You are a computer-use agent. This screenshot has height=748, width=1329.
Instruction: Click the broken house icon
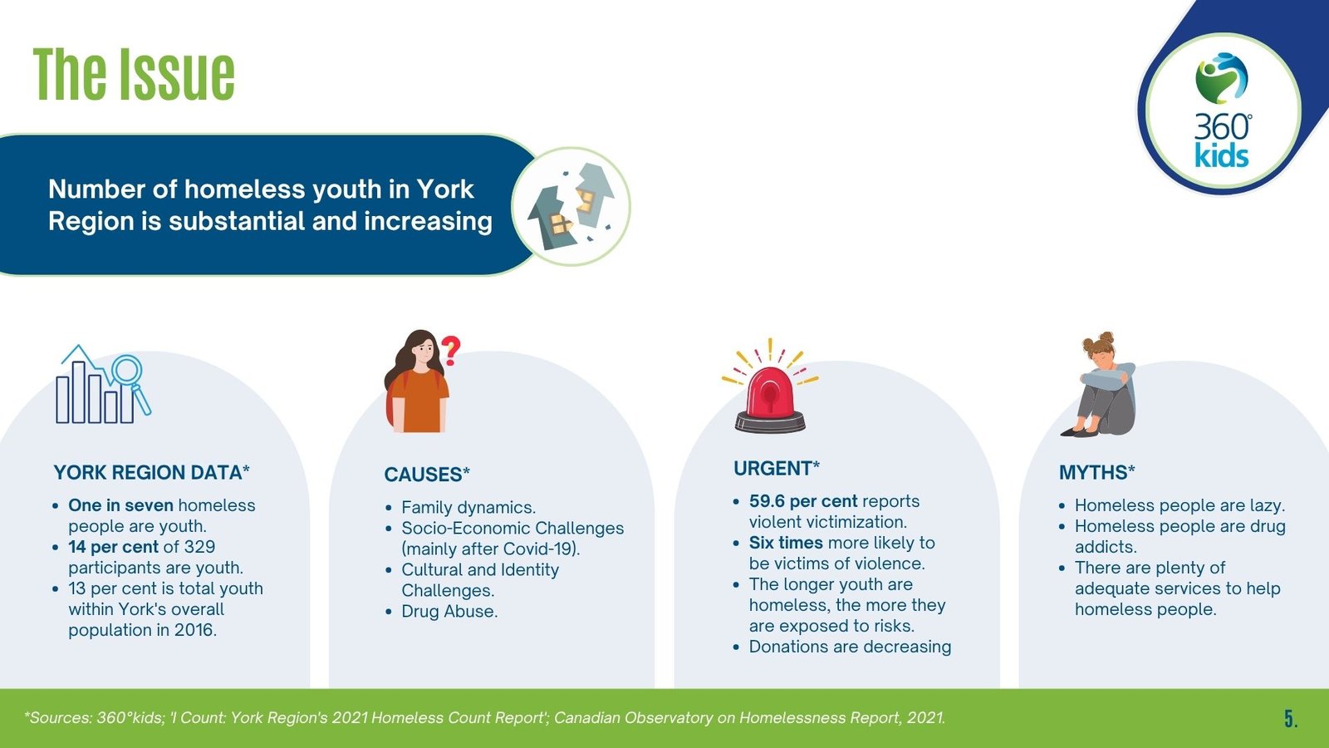point(571,206)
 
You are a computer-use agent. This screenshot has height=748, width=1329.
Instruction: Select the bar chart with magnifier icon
point(103,384)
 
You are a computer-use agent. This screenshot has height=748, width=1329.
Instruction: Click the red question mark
point(451,350)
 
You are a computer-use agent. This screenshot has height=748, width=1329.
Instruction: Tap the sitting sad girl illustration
point(1100,384)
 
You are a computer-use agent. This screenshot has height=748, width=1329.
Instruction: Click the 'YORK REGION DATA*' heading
point(151,473)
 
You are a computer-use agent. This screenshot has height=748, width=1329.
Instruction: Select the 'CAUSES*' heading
point(427,475)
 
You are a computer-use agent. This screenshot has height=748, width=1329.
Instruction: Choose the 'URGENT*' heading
point(776,469)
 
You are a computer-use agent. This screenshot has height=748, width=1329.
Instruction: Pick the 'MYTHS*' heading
point(1097,473)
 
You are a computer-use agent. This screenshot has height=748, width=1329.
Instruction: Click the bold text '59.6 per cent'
point(803,501)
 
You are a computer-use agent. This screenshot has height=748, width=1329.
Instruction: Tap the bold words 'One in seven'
point(121,505)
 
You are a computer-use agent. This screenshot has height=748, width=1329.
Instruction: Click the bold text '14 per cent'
point(113,547)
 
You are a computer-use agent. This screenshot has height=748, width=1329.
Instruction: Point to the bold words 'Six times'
point(786,543)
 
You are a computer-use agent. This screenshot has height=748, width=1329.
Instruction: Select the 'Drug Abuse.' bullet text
point(449,611)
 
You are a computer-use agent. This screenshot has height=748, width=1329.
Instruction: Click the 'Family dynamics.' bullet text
point(468,508)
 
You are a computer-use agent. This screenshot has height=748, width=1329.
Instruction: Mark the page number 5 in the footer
point(1291,719)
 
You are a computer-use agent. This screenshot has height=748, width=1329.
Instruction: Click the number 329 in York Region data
point(199,547)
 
